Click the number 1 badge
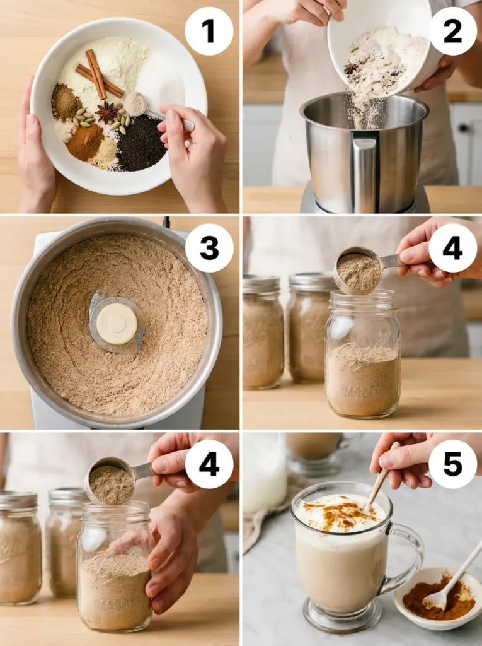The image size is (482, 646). [209, 31]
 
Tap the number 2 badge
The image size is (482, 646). [452, 31]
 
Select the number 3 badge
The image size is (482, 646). [209, 248]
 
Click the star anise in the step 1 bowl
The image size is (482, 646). [107, 112]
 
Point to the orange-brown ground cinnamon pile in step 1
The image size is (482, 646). [86, 141]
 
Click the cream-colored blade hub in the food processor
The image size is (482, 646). [117, 323]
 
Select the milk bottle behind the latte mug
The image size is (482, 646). [265, 473]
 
